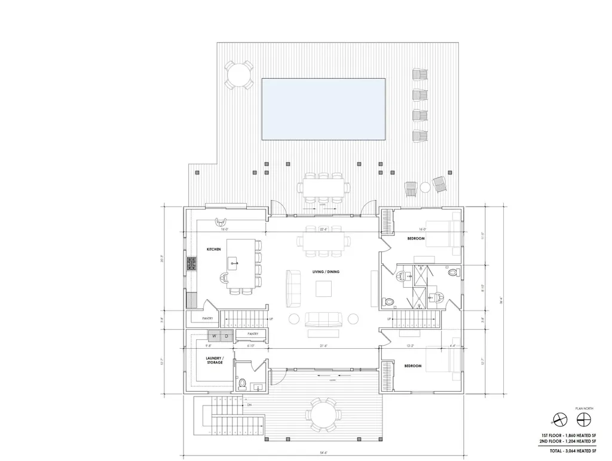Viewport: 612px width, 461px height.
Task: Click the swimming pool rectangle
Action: (323, 110)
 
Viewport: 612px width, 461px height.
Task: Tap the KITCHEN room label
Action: (214, 248)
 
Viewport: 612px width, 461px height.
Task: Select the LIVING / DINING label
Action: (326, 272)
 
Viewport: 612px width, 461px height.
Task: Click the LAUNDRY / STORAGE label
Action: (214, 360)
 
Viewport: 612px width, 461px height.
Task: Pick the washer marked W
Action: (213, 337)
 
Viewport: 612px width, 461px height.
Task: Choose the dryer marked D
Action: (226, 337)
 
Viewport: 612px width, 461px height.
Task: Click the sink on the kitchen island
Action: (232, 262)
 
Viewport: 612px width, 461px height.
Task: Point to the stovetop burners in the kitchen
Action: (192, 263)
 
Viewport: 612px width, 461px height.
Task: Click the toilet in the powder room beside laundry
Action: (241, 382)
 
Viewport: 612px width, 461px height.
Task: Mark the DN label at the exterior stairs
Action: (249, 405)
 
